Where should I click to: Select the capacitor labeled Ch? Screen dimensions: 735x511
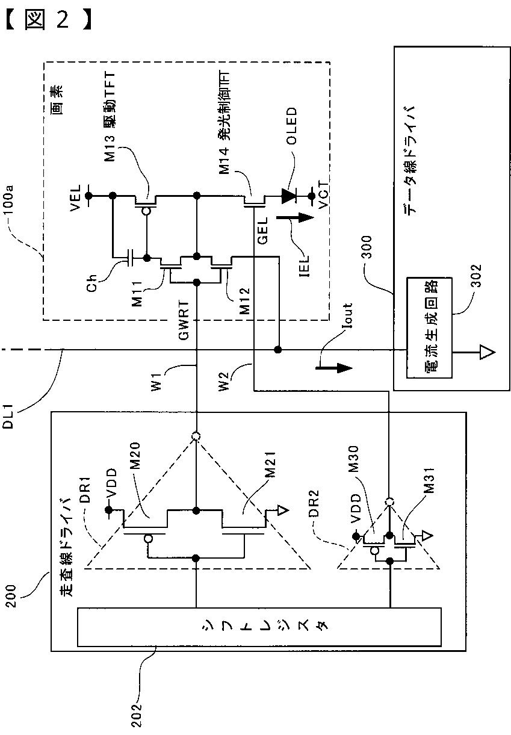pyautogui.click(x=130, y=258)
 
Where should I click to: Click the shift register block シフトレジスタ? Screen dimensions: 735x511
pyautogui.click(x=259, y=626)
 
